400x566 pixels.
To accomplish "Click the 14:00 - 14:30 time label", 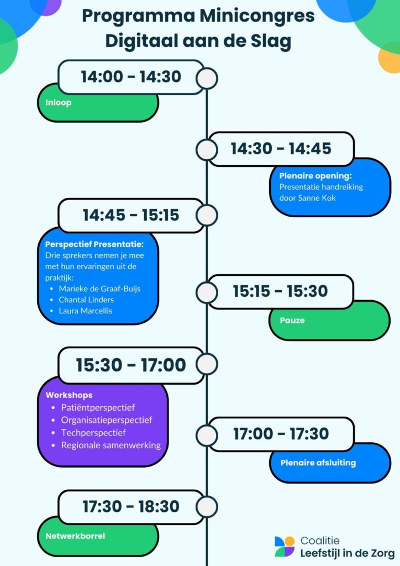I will [x=131, y=77].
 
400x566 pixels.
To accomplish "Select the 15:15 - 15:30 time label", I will [x=280, y=291].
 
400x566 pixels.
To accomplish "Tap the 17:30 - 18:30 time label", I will [x=131, y=506].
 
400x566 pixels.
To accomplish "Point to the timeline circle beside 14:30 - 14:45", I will [x=207, y=149].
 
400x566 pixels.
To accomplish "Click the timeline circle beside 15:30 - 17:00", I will [x=207, y=364].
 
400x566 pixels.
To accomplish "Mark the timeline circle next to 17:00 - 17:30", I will [x=207, y=435].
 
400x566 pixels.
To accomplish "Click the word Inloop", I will [x=59, y=102].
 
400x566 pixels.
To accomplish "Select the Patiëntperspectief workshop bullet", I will [x=98, y=408].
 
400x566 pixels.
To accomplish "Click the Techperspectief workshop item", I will [x=93, y=432].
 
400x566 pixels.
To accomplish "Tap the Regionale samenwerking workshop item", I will [x=110, y=445].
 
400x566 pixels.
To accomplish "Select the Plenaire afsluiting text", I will [x=318, y=463].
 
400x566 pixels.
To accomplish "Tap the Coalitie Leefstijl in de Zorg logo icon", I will [x=285, y=546].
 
